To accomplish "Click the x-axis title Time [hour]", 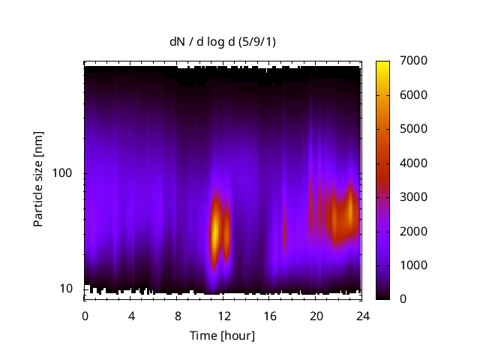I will (x=221, y=335).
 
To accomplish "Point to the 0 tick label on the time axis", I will (x=85, y=315).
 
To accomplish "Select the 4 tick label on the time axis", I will (x=131, y=315).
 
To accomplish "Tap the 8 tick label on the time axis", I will (x=178, y=315).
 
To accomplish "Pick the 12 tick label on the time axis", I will (x=223, y=315).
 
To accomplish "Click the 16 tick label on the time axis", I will (x=270, y=315).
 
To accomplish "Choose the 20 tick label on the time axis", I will (x=316, y=315).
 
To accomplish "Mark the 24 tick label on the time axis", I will (x=362, y=315).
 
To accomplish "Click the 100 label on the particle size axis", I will (x=62, y=174).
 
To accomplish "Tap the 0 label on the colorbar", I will (x=404, y=299).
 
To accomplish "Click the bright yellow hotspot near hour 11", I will (x=215, y=232).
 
